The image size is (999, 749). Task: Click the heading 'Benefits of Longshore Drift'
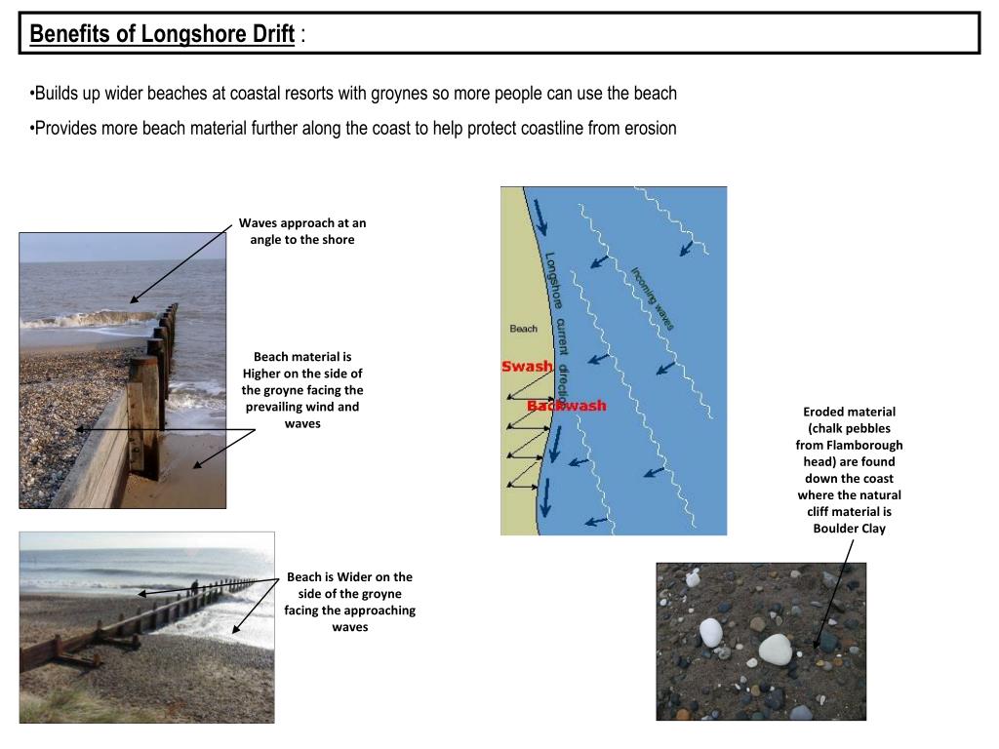(x=162, y=35)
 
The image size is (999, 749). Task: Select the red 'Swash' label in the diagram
(x=527, y=367)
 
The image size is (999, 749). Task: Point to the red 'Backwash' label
(x=566, y=406)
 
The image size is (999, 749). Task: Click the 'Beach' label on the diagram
(x=523, y=329)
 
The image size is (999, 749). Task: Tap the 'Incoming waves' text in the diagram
(x=652, y=299)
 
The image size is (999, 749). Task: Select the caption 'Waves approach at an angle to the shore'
(x=301, y=231)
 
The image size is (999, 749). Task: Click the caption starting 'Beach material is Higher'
(x=301, y=390)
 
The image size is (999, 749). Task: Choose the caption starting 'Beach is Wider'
(x=349, y=602)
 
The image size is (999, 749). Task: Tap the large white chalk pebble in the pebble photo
(x=776, y=648)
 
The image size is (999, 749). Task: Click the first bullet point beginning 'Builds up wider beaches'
(x=353, y=94)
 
